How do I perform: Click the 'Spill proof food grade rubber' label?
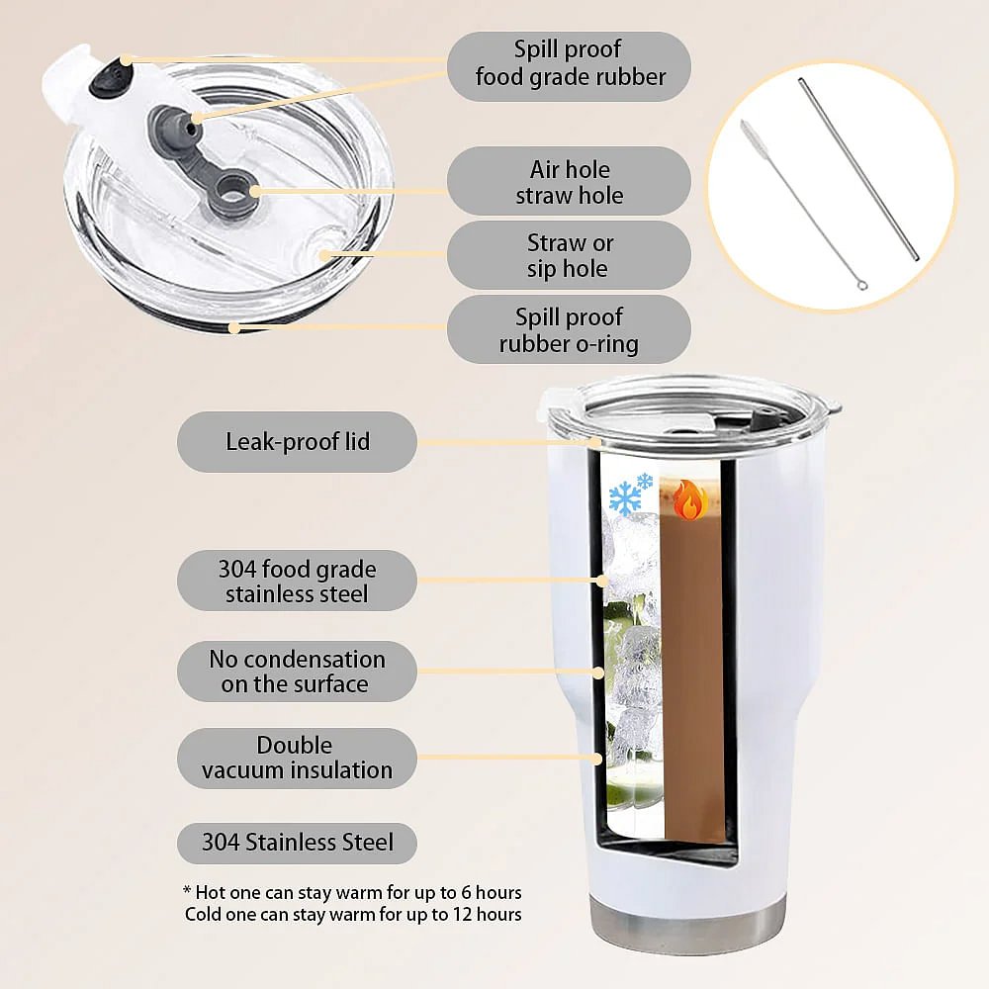[x=569, y=66]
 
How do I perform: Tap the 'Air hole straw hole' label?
[x=569, y=181]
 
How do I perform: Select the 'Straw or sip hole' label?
[x=569, y=255]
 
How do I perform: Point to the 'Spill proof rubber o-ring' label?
[x=569, y=329]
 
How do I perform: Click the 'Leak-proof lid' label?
[x=297, y=441]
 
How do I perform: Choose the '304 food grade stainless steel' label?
[x=297, y=581]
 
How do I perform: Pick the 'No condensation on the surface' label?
[x=297, y=672]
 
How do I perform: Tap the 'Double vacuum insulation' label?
[x=297, y=759]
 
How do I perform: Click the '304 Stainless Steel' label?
[x=297, y=844]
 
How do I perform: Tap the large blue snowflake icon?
[x=624, y=499]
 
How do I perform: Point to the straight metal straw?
[x=858, y=168]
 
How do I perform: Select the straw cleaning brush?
[x=801, y=203]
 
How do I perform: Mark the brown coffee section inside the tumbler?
[x=692, y=663]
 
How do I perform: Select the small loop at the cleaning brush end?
[x=862, y=286]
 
